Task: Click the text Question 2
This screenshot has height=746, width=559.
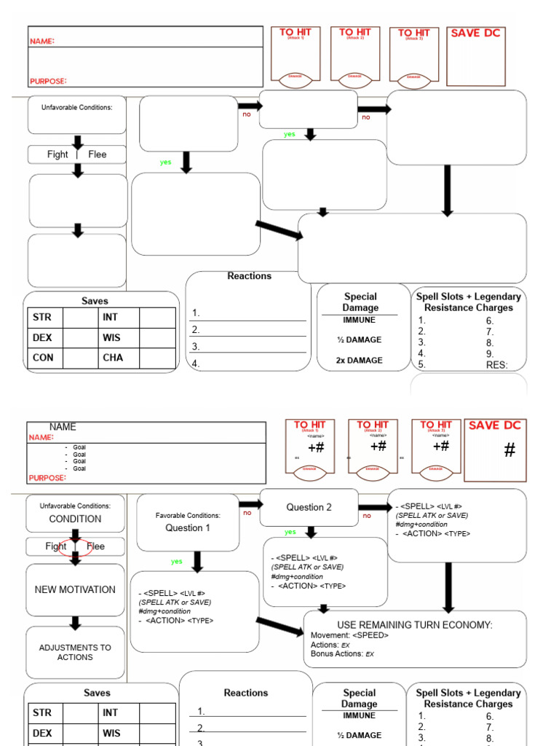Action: [309, 507]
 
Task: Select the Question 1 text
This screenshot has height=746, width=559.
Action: [188, 528]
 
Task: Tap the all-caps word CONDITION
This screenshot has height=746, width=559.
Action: [75, 519]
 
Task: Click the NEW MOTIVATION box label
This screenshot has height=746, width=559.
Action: [75, 589]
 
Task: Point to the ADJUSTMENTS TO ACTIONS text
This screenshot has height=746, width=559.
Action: [75, 652]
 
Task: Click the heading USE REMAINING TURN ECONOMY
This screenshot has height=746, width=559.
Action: [415, 625]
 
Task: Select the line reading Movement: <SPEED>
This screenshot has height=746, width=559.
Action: [349, 635]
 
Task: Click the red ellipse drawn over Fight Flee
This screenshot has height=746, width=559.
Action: [76, 546]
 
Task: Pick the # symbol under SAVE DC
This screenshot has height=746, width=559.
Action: [510, 450]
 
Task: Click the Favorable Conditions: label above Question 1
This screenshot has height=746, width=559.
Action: [188, 516]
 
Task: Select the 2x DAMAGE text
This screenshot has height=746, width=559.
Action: [359, 361]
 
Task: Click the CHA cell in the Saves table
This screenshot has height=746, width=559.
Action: [113, 358]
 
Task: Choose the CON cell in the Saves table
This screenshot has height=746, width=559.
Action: [43, 358]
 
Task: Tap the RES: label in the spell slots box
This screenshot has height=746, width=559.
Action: [496, 365]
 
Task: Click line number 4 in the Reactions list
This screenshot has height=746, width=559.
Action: [196, 364]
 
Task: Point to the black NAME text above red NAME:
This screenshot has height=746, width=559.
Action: [63, 427]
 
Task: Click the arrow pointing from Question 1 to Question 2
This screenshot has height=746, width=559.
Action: [250, 504]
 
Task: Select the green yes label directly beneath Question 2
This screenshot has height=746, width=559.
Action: [290, 532]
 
